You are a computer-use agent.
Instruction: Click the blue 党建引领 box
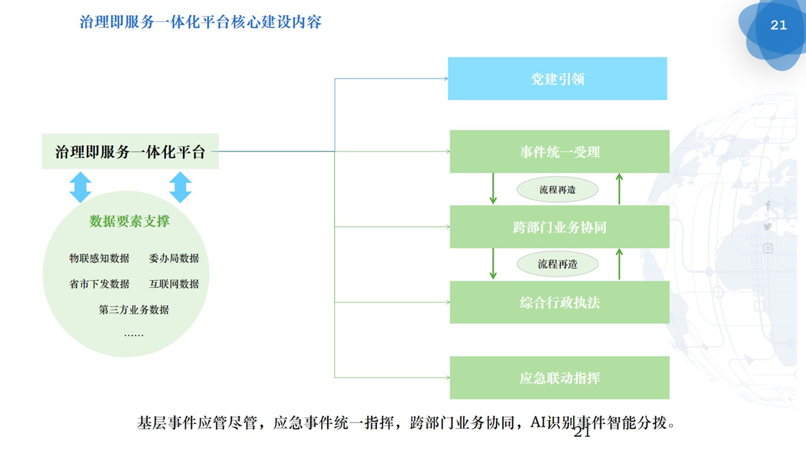(x=557, y=79)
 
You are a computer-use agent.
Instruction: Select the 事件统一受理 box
(x=559, y=152)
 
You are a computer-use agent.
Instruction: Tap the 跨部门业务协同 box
(x=559, y=227)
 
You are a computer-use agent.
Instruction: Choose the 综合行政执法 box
(x=559, y=302)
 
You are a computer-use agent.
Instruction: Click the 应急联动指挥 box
(x=559, y=378)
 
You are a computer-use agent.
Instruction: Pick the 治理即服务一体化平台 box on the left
(x=130, y=152)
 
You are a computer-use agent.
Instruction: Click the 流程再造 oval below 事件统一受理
(x=557, y=190)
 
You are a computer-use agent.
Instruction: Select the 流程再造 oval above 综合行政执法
(x=557, y=264)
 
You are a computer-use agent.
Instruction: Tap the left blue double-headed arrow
(x=81, y=187)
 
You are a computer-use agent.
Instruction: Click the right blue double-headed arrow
(x=180, y=187)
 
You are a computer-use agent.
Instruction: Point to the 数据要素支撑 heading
(x=130, y=221)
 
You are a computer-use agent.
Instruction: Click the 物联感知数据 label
(x=99, y=258)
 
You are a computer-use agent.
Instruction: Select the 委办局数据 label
(x=174, y=258)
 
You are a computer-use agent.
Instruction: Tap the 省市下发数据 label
(x=99, y=283)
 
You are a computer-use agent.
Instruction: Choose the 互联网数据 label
(x=174, y=283)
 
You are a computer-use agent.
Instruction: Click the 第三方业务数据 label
(x=134, y=309)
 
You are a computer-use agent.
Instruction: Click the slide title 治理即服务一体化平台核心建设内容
(x=201, y=22)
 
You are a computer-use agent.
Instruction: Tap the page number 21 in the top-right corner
(x=779, y=25)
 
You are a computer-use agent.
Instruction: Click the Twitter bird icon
(x=768, y=227)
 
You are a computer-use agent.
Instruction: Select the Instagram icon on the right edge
(x=768, y=249)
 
